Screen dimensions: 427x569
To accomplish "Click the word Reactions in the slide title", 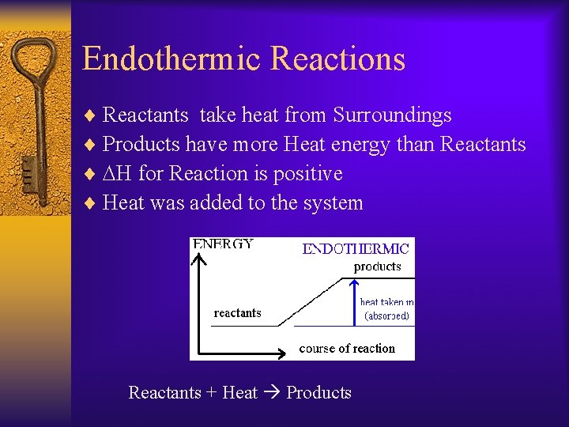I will point(337,59).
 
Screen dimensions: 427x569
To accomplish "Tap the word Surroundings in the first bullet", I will point(392,115).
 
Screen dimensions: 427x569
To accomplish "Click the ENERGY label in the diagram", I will point(224,244).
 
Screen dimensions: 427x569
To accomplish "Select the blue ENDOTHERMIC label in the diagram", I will point(356,249).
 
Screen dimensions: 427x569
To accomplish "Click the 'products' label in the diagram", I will point(377,266).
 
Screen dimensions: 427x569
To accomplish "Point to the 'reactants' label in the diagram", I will point(237,313).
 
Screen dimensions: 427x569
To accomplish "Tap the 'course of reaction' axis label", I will point(347,348).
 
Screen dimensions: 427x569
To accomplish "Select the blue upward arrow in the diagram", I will point(354,302).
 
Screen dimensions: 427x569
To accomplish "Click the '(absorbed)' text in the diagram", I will point(386,316).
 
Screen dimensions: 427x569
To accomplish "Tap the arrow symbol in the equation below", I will point(272,393).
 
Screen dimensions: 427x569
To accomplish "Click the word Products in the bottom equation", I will point(318,393).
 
